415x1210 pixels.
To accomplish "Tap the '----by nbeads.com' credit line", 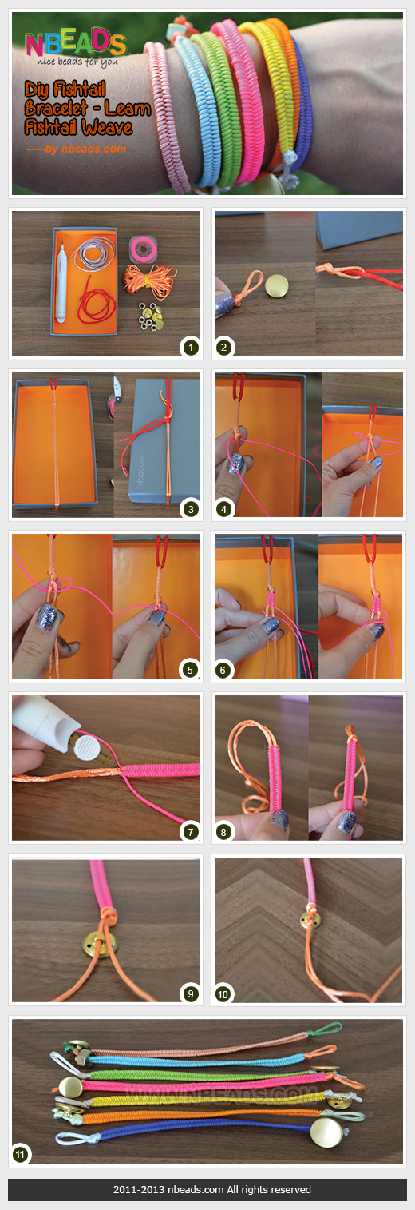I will [76, 148].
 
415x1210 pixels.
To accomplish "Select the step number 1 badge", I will [189, 347].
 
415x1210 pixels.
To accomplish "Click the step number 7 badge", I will [189, 832].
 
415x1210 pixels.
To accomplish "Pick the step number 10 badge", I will [224, 994].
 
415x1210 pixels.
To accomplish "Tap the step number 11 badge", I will [22, 1153].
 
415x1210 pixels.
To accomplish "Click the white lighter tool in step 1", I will [60, 280].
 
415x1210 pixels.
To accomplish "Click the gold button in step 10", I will [304, 920].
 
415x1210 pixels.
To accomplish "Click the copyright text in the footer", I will [207, 1190].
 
